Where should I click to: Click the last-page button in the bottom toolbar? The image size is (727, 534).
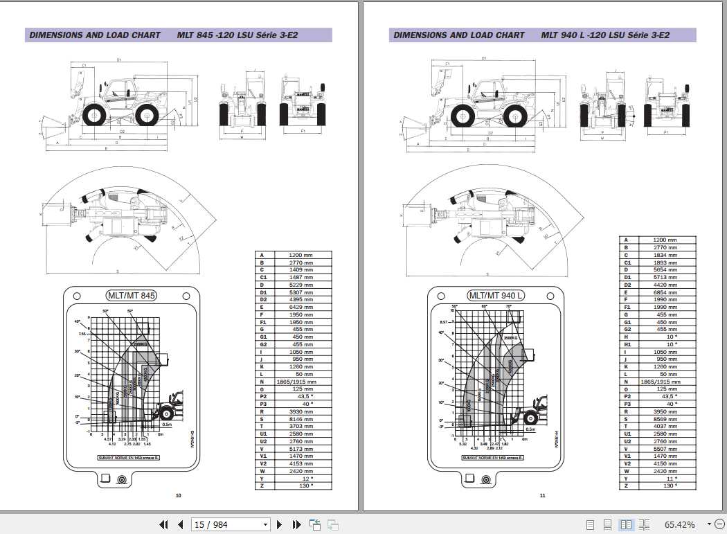[296, 524]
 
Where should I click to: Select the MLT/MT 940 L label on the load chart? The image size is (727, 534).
[496, 296]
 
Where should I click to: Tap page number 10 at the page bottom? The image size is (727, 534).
[178, 495]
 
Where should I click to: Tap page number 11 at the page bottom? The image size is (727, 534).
[543, 495]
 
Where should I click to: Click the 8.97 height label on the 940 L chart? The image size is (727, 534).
[445, 322]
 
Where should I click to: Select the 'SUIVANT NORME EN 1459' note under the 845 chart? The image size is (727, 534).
[129, 458]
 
